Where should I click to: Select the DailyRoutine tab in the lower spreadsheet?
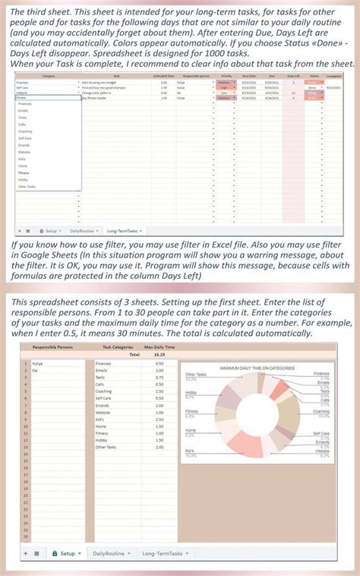tap(108, 554)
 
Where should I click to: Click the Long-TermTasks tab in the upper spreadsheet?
tap(123, 230)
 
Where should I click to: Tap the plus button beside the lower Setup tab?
tap(25, 554)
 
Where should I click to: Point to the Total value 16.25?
tap(159, 354)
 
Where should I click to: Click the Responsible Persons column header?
tap(53, 347)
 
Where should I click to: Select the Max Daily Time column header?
tap(159, 347)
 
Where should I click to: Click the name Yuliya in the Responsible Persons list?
tap(36, 364)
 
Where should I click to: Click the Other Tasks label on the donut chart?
tap(196, 375)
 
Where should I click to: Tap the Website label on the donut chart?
tap(321, 451)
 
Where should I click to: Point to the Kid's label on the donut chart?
tap(190, 451)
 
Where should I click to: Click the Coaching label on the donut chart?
tap(321, 412)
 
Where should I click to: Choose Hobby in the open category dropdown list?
tap(23, 179)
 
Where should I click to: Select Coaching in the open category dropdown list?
tap(25, 131)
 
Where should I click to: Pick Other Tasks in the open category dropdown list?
tap(27, 186)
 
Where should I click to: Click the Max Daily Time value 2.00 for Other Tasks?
tap(159, 447)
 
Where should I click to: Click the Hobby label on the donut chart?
tap(191, 393)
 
